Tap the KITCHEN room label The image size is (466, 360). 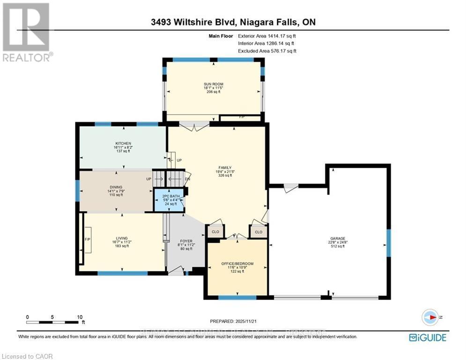124,143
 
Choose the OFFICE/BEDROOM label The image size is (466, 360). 237,264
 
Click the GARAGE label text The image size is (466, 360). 338,239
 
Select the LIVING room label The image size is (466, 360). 122,238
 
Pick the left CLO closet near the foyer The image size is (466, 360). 215,232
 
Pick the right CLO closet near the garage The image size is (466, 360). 259,232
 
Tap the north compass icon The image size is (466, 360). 430,317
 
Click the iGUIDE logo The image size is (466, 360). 427,337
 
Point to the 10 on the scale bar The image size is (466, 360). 79,317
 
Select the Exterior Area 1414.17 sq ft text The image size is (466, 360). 267,36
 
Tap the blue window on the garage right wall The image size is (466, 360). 388,243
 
